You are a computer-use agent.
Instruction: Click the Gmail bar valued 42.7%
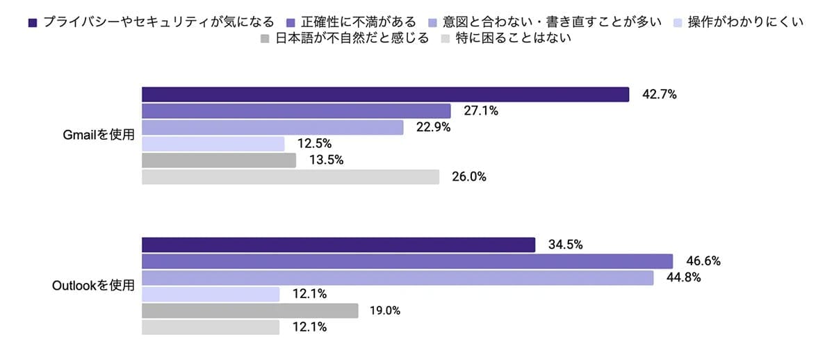[x=385, y=95]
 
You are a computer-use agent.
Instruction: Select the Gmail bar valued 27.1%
[x=296, y=111]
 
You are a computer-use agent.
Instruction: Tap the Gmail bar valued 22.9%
[x=272, y=127]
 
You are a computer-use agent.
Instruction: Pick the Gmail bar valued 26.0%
[x=291, y=177]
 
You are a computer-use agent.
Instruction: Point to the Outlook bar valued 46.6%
[x=407, y=261]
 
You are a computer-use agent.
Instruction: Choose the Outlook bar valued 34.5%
[x=338, y=245]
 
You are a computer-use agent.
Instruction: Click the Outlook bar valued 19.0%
[x=250, y=311]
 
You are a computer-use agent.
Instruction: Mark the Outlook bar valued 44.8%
[x=398, y=278]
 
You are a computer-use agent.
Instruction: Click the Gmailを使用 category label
[x=98, y=136]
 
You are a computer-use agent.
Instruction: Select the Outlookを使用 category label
[x=93, y=286]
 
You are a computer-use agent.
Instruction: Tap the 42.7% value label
[x=660, y=95]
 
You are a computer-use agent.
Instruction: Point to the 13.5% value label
[x=327, y=161]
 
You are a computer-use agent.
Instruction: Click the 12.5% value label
[x=316, y=144]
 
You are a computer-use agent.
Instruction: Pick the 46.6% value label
[x=703, y=261]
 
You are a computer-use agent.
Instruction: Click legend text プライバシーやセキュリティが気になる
[x=158, y=22]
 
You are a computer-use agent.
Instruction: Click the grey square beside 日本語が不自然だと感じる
[x=265, y=39]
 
